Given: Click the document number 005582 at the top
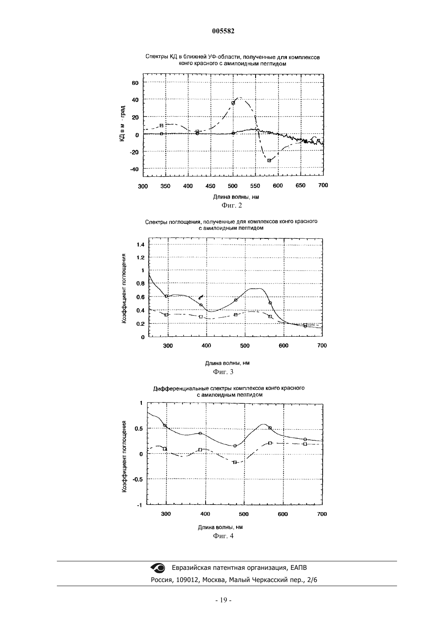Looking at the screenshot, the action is [223, 31].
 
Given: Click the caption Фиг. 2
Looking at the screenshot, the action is [232, 206].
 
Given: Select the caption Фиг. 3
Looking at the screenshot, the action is [223, 372].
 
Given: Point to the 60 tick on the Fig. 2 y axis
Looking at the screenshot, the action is [135, 83].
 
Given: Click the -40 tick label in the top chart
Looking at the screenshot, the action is [134, 169].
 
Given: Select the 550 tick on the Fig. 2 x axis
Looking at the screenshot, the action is [255, 186].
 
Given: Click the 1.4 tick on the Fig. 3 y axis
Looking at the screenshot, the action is [141, 245].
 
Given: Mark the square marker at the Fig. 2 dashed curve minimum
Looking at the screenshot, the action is [269, 160].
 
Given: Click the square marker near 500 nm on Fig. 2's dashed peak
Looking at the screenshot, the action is [233, 103].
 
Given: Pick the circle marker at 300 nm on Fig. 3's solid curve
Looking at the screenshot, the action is [166, 296].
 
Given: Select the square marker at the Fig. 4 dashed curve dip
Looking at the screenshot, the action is [234, 462].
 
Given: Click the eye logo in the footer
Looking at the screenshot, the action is [158, 567].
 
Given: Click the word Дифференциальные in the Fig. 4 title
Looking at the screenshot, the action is [176, 389].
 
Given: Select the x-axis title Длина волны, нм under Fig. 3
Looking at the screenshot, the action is [227, 363].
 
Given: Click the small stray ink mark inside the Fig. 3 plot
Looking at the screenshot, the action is [201, 297].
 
